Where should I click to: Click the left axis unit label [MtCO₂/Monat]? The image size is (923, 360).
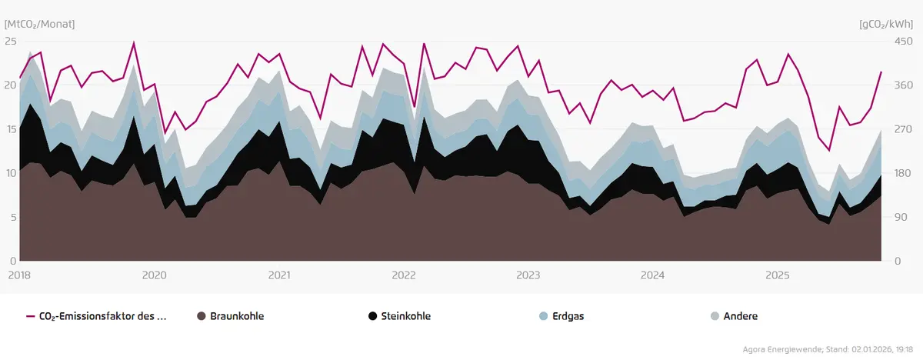(40, 24)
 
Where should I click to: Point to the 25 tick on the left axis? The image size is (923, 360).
(10, 41)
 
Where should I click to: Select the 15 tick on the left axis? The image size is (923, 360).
(10, 129)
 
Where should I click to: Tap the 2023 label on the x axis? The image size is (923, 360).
(528, 275)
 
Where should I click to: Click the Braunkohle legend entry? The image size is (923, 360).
(232, 316)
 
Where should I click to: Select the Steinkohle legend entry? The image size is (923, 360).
(405, 316)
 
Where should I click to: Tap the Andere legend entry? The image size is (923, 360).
(740, 316)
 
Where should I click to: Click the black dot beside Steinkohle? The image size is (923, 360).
(373, 316)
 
